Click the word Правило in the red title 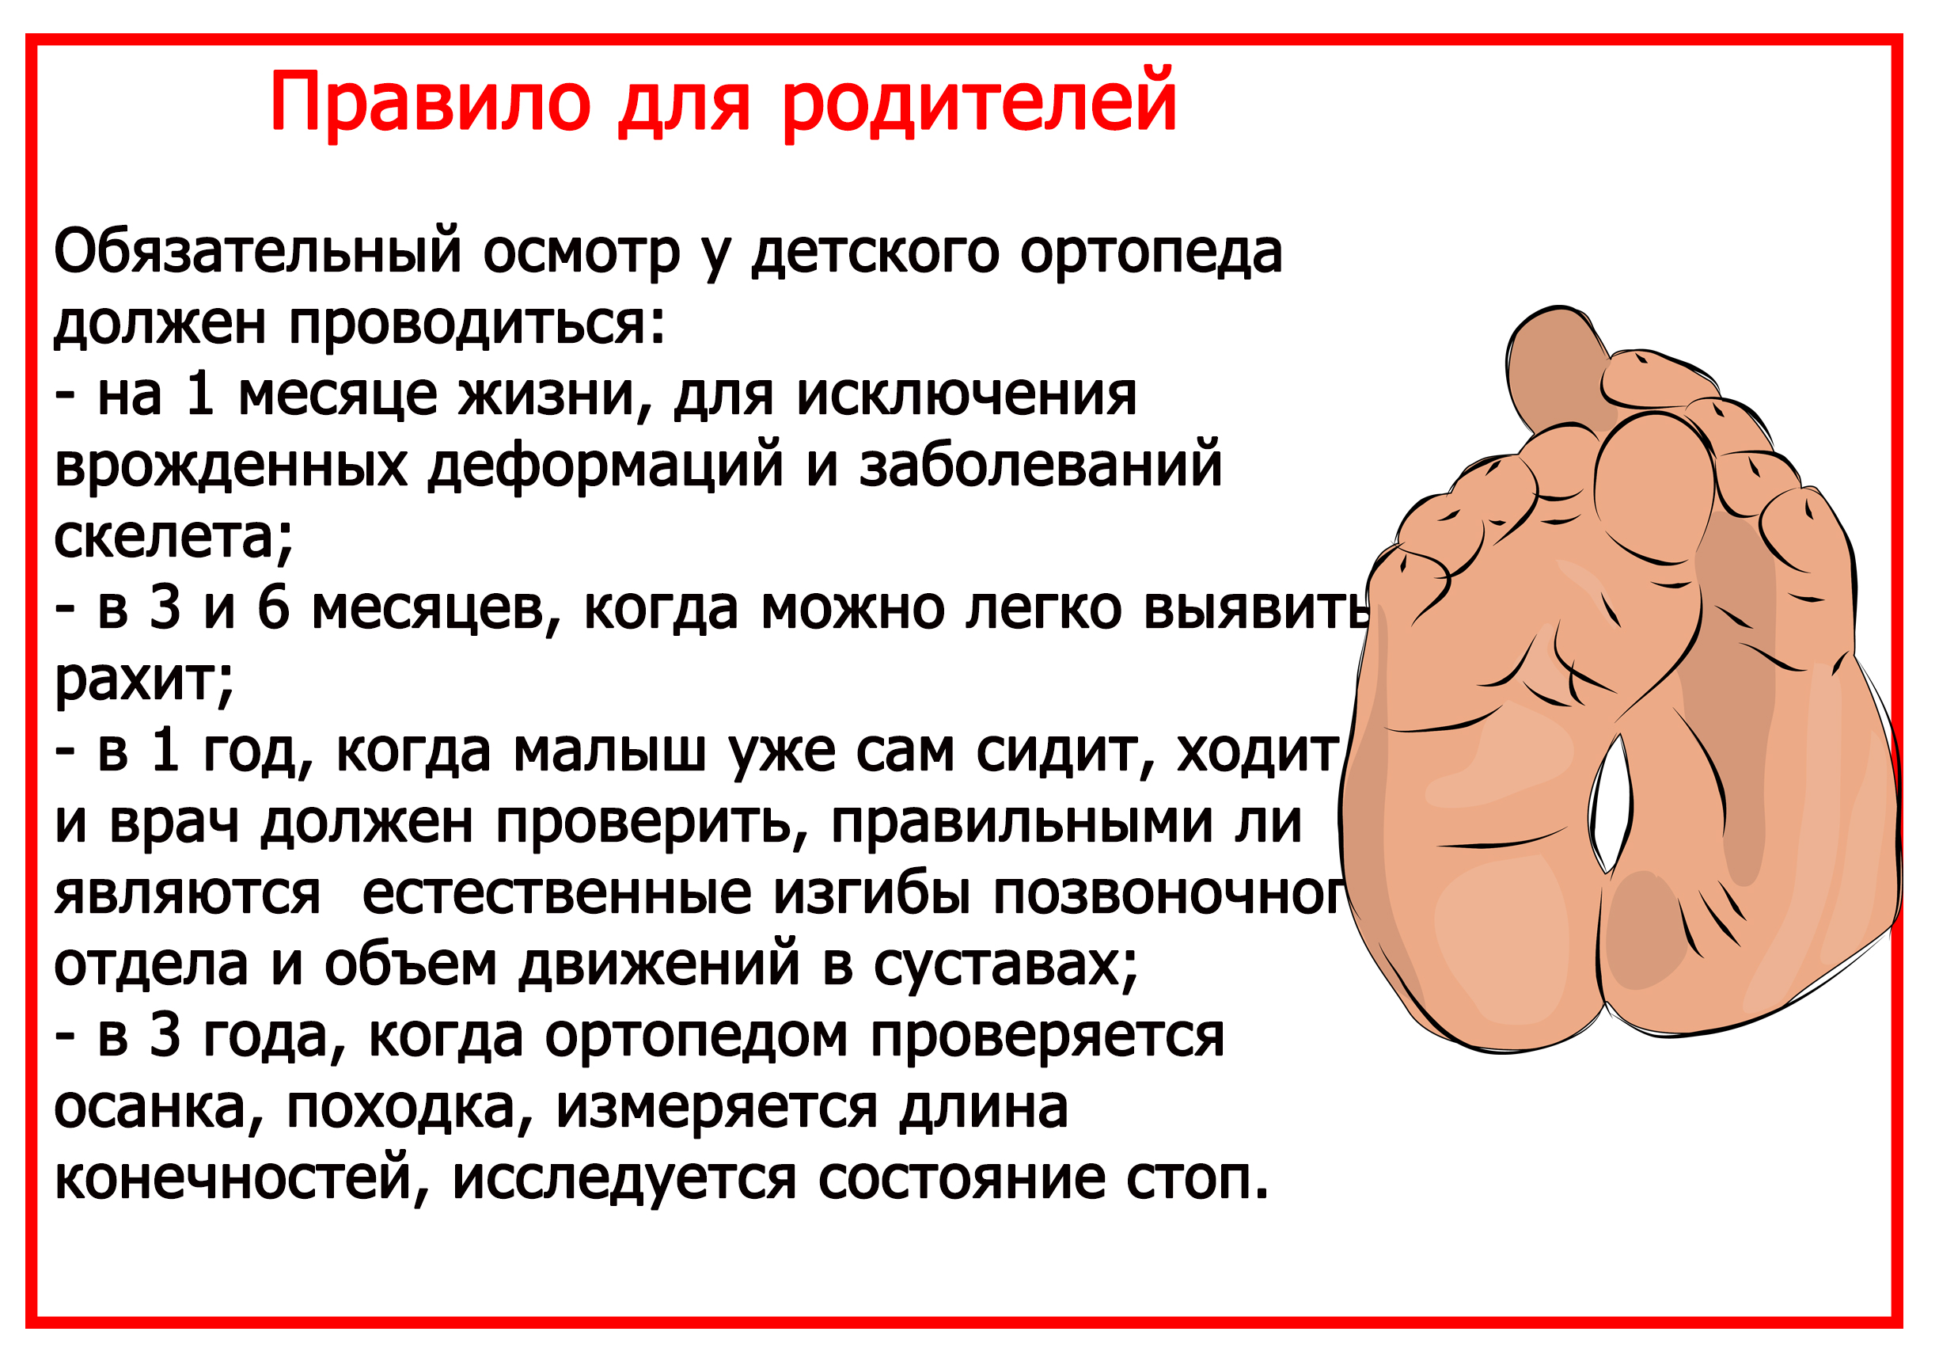pos(430,103)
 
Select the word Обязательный pos(257,252)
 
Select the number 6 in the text pos(273,608)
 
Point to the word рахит pos(143,680)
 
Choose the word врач pos(174,822)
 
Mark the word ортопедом pos(696,1036)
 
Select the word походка pos(411,1108)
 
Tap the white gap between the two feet pos(1611,803)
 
